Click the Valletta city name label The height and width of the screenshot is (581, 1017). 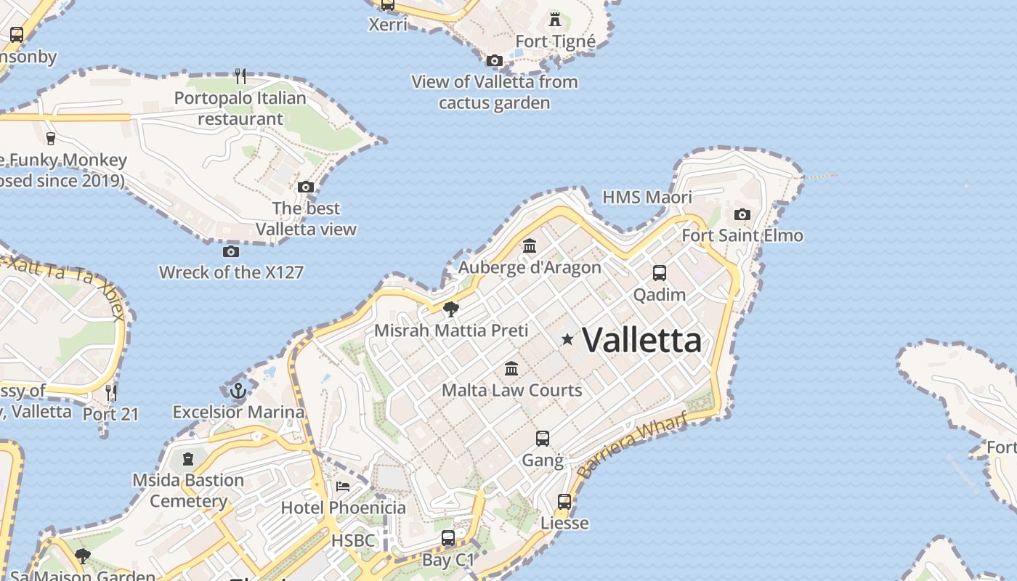642,340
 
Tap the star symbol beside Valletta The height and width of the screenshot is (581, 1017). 567,339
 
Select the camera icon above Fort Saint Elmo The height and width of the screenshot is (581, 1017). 742,214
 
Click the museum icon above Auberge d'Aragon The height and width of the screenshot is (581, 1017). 530,246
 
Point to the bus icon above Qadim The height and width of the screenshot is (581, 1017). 659,273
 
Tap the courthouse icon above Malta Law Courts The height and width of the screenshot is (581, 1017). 511,368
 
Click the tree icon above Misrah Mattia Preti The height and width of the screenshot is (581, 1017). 450,309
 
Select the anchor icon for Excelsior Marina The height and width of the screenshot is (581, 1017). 238,391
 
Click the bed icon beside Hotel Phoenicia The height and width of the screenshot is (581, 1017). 343,486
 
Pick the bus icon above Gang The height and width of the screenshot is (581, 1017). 543,439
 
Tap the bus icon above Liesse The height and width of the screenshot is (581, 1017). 564,502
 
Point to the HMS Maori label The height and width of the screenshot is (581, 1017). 647,197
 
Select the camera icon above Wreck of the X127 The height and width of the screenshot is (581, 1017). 230,251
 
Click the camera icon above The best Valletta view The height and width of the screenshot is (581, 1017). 306,187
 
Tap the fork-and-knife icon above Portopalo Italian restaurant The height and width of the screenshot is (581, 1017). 240,76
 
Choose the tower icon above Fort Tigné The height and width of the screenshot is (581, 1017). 555,20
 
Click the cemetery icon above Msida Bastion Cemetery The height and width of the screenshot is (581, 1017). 188,459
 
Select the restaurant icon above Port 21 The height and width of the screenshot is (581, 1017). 110,393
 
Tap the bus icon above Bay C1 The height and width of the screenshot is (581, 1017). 448,538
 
